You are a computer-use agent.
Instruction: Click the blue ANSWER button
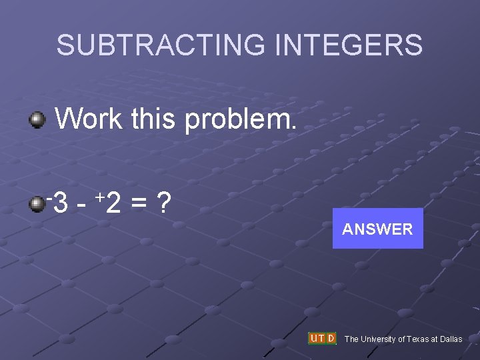coord(377,229)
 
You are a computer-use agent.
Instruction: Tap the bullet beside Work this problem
coord(37,121)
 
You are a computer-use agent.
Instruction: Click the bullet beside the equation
coord(37,203)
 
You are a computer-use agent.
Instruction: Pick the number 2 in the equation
coord(113,203)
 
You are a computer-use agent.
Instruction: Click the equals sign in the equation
coord(138,203)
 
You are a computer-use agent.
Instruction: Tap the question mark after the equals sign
coord(161,203)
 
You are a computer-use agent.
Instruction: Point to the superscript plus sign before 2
coord(99,197)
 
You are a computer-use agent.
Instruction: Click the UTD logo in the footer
coord(322,338)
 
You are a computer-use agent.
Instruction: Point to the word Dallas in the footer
coord(450,339)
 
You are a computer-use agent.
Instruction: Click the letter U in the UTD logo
coord(313,338)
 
